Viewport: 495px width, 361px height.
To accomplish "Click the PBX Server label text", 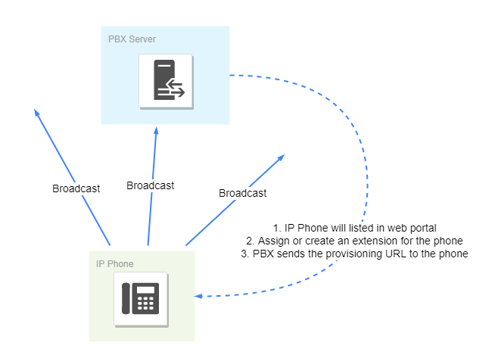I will [x=132, y=39].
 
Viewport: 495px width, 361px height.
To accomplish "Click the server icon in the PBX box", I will [x=166, y=81].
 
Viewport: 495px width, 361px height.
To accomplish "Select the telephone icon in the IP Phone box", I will [x=141, y=300].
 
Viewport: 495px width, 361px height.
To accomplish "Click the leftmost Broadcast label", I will [x=76, y=188].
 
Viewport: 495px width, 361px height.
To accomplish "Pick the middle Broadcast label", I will [x=150, y=185].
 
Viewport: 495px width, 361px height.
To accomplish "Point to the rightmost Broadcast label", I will [x=242, y=193].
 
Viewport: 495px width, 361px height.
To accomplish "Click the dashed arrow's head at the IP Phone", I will [x=198, y=296].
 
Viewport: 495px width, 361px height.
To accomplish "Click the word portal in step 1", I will [x=422, y=228].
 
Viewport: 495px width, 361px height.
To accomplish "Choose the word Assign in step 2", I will [x=272, y=241].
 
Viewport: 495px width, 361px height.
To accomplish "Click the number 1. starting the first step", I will [x=277, y=228].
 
